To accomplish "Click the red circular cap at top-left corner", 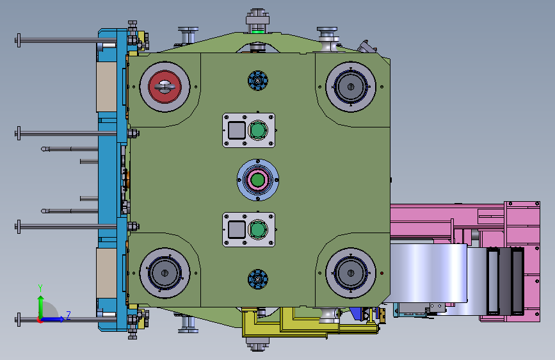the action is pos(165,87).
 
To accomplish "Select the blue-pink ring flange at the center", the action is pos(258,179).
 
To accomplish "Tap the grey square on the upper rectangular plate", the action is pos(237,130).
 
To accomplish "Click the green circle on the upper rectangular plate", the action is pos(258,130).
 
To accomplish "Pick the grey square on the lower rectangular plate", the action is pos(237,229).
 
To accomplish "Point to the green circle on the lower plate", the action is pos(258,229).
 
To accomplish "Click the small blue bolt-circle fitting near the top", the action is pos(258,81).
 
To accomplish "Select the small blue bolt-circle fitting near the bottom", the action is pos(258,279).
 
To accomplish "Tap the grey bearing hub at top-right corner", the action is pos(351,87).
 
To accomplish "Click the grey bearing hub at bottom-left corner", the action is pos(165,273).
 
